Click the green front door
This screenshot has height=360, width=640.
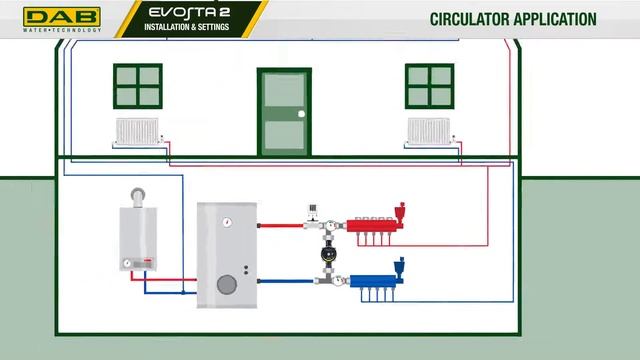coord(284,111)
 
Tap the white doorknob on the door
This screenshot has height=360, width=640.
coord(301,115)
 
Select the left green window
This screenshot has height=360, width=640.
coord(138,87)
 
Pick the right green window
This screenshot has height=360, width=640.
coord(430,87)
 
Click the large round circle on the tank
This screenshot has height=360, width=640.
coord(228,284)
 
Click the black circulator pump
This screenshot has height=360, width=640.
coord(328,254)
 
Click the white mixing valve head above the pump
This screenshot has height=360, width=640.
coord(313,209)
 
